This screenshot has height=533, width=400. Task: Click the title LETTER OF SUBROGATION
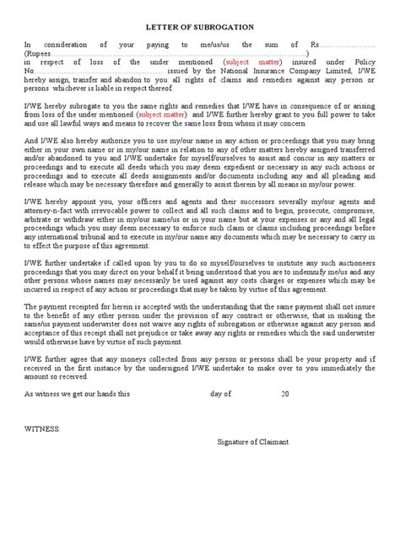click(199, 26)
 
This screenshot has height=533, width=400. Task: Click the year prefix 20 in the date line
click(284, 393)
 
